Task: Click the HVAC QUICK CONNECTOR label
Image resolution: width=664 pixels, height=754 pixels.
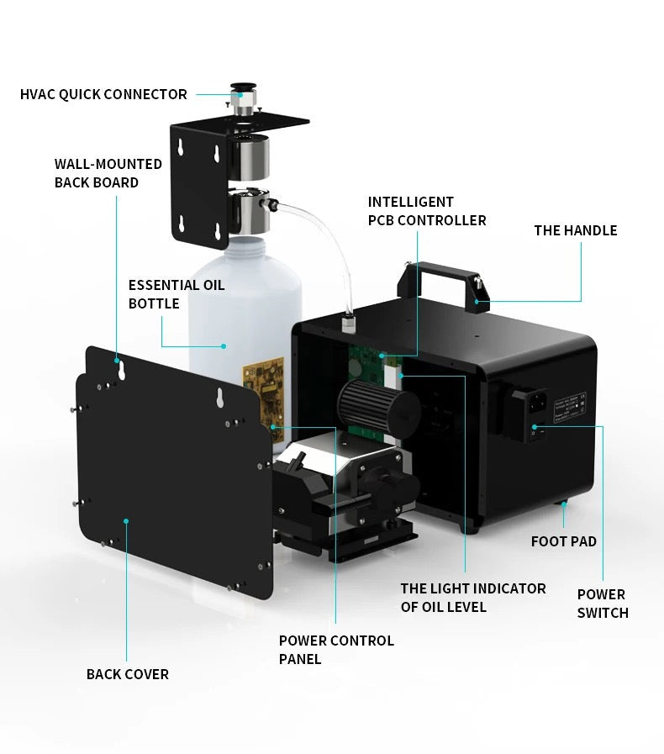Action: [103, 94]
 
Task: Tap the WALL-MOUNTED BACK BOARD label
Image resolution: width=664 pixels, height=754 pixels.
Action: [108, 173]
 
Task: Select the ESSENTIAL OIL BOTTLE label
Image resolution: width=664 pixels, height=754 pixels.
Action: [177, 294]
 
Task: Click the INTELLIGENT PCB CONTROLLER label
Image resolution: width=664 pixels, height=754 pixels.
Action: [427, 211]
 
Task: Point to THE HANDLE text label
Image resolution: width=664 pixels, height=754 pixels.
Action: [575, 230]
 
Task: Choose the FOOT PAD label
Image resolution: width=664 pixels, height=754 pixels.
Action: [563, 541]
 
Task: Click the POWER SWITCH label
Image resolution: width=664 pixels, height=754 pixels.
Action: [603, 604]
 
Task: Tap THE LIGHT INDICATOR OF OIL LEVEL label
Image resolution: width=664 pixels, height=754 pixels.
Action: [473, 598]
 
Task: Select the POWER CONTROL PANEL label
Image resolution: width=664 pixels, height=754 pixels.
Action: [336, 650]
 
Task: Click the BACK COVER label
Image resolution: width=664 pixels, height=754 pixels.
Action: [128, 674]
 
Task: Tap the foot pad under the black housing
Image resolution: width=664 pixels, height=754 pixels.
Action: [561, 504]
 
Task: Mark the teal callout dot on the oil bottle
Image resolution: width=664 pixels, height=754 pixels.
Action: [224, 345]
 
